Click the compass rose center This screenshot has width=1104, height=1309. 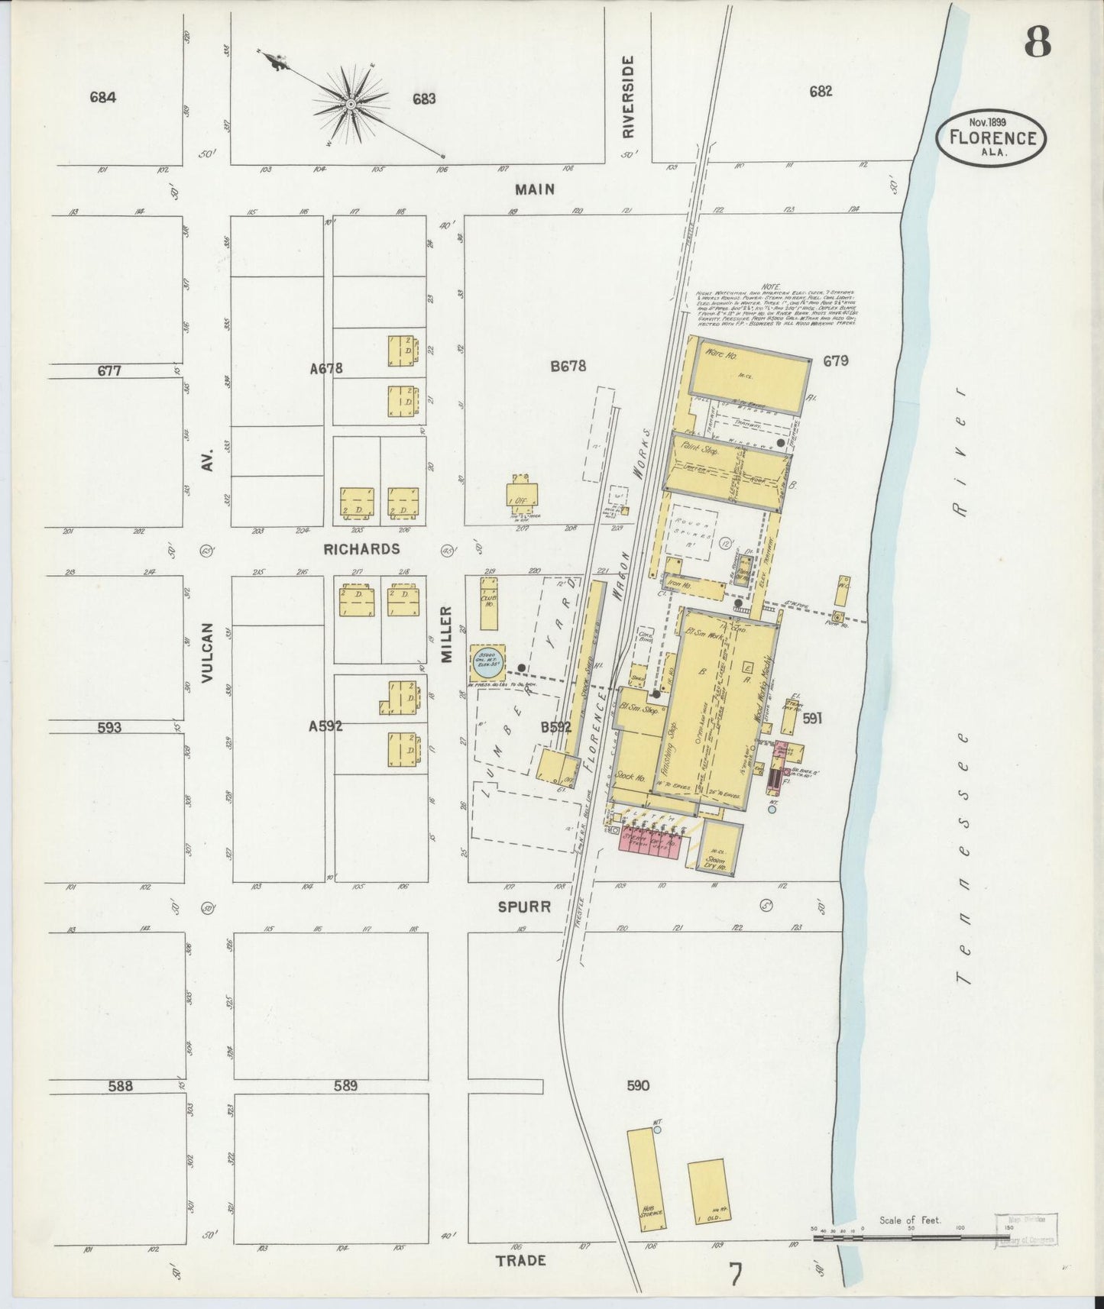(350, 104)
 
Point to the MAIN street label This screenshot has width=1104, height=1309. (534, 189)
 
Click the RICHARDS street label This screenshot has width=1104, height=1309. (361, 549)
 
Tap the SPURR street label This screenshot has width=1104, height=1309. (524, 907)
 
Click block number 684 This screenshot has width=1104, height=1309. (102, 97)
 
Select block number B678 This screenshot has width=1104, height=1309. (568, 366)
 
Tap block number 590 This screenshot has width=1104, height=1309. (637, 1085)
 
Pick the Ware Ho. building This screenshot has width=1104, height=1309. (749, 368)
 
